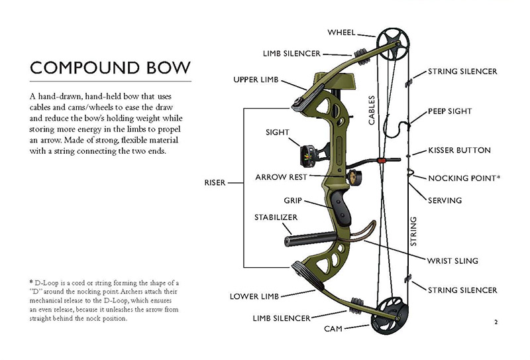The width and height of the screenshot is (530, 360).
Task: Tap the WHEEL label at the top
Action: pos(342,32)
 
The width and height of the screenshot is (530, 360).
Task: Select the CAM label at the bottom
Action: pos(333,329)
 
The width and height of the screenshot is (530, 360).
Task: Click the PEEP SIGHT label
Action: pos(450,111)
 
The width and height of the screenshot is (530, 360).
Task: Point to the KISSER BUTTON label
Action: pos(459,150)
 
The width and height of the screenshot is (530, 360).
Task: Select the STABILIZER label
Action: pos(276,217)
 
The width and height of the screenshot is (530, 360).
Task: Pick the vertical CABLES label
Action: pos(372,108)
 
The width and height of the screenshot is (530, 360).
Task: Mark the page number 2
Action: pos(496,323)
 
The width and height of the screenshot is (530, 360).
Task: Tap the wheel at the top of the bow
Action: pos(389,42)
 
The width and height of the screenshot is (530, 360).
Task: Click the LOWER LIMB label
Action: pos(254,296)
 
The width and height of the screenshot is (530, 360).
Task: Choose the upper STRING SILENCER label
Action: pos(462,71)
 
